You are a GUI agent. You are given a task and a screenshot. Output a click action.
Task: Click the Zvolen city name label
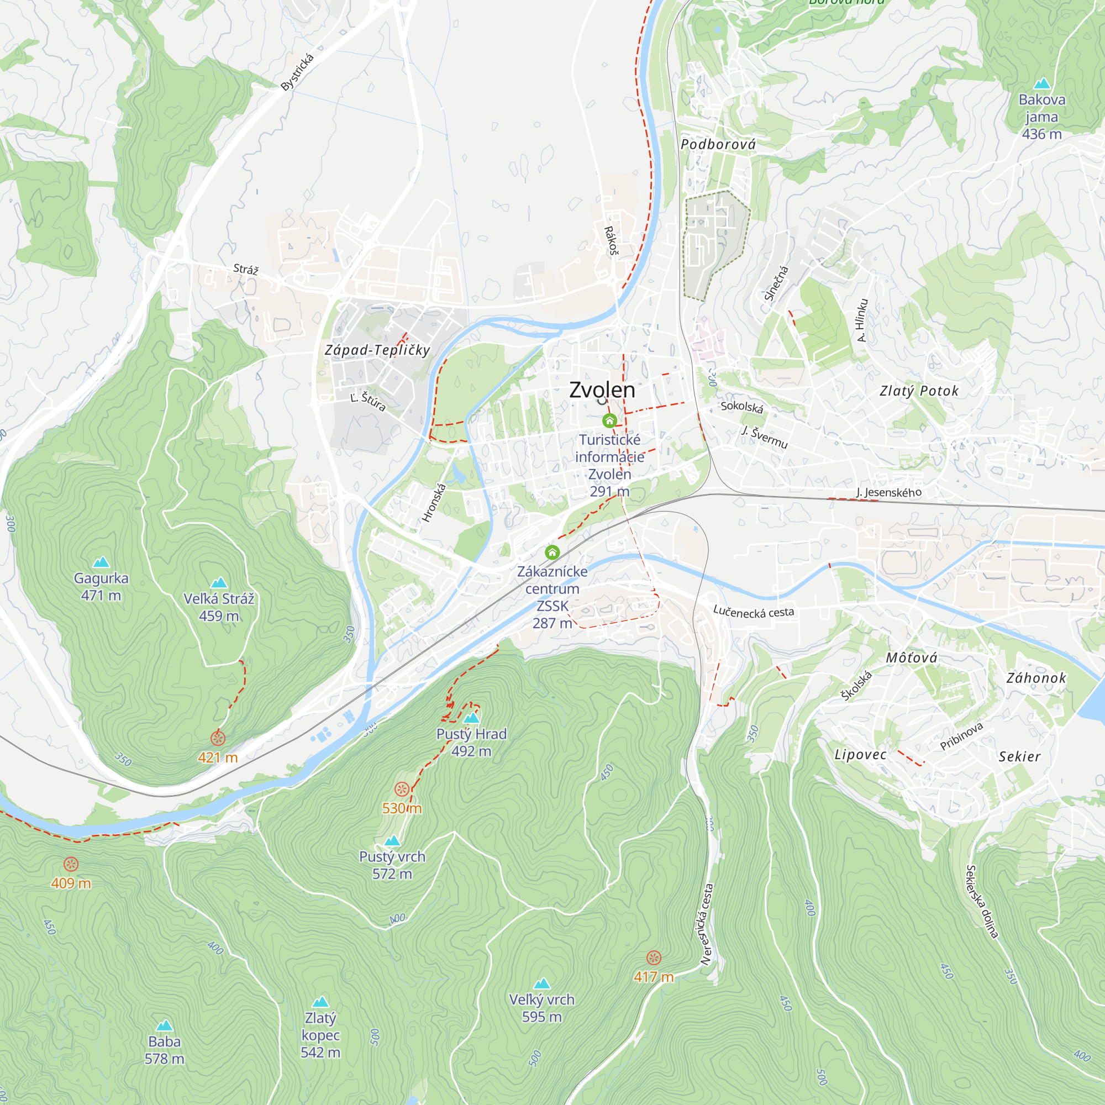602,390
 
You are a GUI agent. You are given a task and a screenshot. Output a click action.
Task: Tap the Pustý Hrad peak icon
471,718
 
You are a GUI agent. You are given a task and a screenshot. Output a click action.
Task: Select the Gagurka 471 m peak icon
101,562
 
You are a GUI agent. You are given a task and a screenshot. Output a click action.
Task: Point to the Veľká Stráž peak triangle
219,583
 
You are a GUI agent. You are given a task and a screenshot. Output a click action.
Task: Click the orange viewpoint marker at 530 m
402,790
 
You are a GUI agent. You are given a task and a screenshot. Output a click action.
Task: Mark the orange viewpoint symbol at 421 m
218,738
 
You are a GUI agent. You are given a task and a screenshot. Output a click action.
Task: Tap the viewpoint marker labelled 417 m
654,958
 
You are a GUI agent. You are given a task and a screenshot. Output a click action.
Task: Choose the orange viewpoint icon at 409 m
71,864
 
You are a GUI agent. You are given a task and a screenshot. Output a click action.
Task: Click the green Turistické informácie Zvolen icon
610,421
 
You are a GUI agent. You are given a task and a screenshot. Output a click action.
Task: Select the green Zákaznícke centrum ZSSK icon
552,552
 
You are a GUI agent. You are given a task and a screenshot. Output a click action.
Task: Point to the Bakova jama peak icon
1042,83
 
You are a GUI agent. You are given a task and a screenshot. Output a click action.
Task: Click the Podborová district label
718,145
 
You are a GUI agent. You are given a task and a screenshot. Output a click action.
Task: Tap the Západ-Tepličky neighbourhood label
377,350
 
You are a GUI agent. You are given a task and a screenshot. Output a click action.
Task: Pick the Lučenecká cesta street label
754,612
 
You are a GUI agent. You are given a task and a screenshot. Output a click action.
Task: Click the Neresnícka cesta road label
708,925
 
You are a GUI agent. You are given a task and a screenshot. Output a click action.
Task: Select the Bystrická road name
297,72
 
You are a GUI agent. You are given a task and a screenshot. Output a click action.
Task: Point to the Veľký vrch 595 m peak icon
541,984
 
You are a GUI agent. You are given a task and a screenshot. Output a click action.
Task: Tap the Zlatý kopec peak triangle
320,1002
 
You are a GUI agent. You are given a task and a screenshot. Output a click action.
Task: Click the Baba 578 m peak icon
164,1025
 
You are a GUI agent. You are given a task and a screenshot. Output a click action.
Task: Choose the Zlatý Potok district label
919,391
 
